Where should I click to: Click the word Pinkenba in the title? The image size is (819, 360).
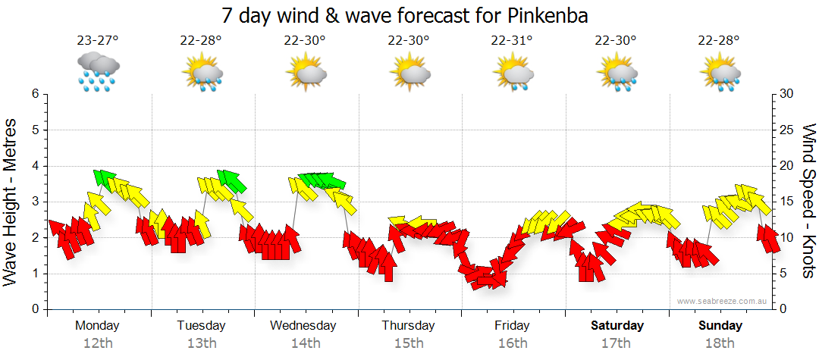click(544, 14)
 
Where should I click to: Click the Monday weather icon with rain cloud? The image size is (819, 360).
click(98, 72)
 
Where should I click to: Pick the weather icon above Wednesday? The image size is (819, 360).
click(306, 73)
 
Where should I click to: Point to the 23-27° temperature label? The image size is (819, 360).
click(97, 41)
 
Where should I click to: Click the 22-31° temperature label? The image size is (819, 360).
click(512, 41)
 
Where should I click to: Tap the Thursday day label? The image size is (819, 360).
click(408, 325)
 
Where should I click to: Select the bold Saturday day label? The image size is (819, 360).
click(617, 325)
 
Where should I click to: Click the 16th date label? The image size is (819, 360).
click(513, 343)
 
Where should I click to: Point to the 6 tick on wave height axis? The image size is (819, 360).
click(35, 94)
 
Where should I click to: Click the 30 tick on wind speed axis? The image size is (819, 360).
click(786, 94)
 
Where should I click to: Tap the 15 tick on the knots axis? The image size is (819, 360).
click(786, 202)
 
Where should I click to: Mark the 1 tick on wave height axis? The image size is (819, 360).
click(35, 274)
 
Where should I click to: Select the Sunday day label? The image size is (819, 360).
click(720, 325)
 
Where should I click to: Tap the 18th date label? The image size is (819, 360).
click(720, 343)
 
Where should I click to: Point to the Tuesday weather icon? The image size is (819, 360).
click(202, 73)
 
